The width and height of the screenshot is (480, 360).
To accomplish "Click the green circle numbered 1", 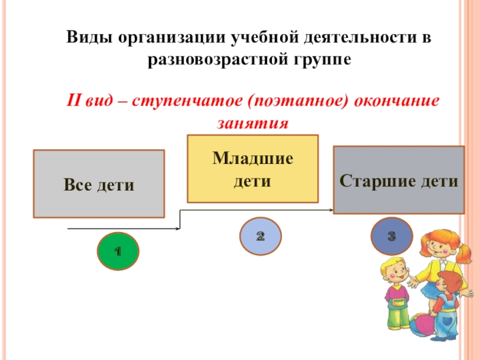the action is (118, 251).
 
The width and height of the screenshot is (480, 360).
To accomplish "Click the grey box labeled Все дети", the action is (99, 184).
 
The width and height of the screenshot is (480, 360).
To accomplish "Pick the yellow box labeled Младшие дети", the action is (253, 169).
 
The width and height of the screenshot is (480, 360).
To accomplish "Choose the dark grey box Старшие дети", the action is (399, 180).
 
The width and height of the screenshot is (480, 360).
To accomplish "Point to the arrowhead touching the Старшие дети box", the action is (331, 210).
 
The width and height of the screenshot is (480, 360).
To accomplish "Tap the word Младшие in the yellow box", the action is (253, 160).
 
